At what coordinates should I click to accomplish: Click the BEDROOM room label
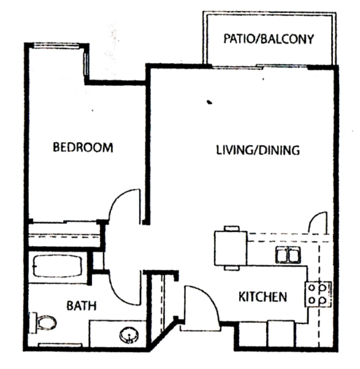(83, 148)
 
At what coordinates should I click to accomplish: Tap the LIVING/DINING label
(258, 150)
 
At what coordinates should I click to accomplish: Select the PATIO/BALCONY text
(269, 39)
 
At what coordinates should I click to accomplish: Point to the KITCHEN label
(263, 297)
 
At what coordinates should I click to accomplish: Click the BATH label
(81, 306)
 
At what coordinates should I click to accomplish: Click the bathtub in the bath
(57, 266)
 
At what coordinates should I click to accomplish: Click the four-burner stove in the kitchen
(318, 294)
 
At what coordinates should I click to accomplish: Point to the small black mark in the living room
(210, 102)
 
